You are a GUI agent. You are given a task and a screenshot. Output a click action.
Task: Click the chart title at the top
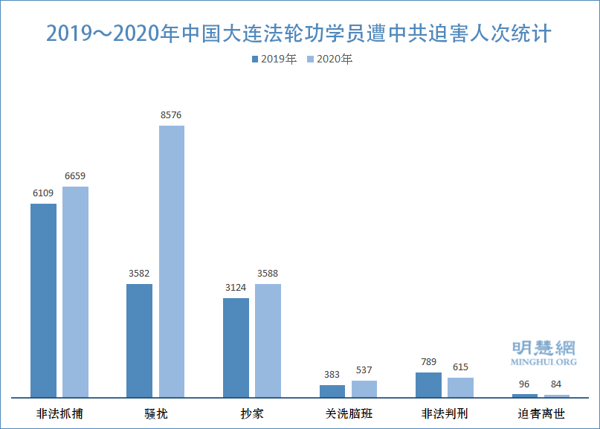[299, 33]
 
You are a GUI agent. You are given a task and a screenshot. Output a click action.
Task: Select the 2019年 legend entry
[275, 59]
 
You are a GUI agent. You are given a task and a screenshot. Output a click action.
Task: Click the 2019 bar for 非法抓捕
[43, 300]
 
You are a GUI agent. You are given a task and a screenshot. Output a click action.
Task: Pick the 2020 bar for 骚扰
[172, 261]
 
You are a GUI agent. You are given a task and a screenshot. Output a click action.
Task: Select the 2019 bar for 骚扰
[139, 341]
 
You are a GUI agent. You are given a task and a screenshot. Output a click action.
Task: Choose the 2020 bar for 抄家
[268, 341]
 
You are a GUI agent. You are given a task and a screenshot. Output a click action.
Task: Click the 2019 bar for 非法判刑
[428, 384]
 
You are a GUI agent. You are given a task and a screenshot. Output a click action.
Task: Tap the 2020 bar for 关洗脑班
[364, 389]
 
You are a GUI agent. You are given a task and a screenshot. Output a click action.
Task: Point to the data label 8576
[171, 115]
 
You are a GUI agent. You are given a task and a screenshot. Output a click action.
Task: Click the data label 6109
[43, 193]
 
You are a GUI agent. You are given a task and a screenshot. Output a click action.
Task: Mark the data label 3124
[236, 288]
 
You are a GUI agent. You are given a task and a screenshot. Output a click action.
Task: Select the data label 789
[428, 362]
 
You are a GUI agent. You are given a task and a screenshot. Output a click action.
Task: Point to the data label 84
[557, 384]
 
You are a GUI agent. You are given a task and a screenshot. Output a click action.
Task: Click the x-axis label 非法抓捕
[59, 413]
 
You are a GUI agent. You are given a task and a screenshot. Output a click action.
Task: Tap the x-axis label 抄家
[252, 413]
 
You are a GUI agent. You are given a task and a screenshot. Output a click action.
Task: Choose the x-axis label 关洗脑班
[349, 413]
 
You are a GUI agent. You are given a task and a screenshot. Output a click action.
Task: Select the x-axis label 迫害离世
[541, 413]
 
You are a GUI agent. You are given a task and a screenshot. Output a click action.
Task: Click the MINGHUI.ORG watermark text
[543, 362]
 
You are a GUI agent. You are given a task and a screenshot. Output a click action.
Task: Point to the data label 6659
[75, 176]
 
